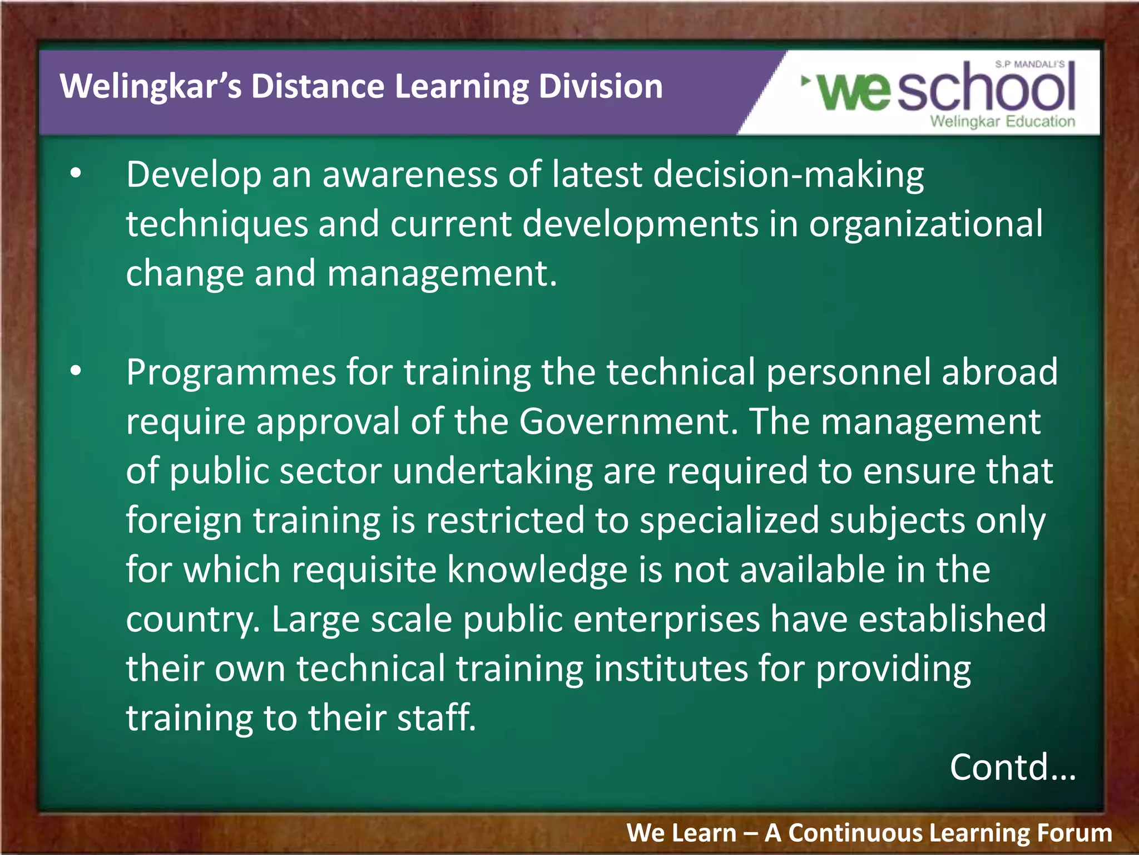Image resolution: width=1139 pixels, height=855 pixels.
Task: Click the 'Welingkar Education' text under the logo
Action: pos(1002,121)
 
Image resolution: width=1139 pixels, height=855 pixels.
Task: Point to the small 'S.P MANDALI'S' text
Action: pos(1029,65)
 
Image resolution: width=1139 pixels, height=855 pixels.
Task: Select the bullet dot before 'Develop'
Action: pos(76,174)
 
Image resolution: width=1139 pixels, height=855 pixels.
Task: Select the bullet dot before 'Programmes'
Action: pos(76,371)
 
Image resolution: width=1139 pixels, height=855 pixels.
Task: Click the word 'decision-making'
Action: pos(788,175)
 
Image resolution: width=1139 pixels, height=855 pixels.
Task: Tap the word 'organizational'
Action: pos(925,224)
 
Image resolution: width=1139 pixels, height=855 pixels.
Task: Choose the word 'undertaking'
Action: pos(493,471)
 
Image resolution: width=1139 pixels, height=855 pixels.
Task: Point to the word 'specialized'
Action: pos(729,520)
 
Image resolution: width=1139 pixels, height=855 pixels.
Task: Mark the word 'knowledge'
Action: pos(537,569)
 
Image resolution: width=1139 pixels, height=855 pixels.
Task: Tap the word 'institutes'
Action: pos(671,668)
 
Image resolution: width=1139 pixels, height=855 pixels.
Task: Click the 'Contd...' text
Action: pos(1012,767)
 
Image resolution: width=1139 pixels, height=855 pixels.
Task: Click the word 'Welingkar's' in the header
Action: pos(151,87)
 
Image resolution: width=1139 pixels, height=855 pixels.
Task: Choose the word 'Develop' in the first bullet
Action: pos(194,175)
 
